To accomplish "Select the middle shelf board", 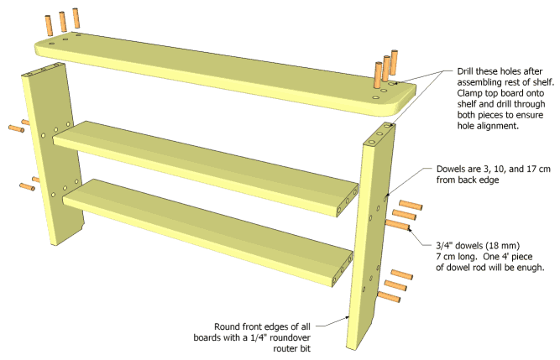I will [201, 160].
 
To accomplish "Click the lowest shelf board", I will [210, 223].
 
